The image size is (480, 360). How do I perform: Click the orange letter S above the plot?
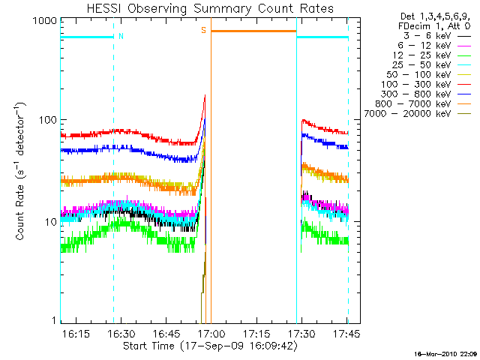point(203,30)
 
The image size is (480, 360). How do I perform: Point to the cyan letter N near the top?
point(121,36)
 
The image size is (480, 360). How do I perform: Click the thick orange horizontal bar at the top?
point(253,31)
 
